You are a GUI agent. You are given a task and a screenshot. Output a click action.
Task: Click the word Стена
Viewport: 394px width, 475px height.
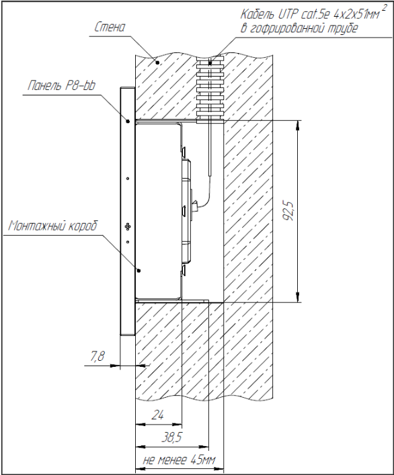point(110,28)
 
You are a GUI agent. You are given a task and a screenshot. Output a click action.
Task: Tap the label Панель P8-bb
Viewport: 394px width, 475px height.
point(62,86)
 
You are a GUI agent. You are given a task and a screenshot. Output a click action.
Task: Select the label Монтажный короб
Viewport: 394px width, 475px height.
point(53,226)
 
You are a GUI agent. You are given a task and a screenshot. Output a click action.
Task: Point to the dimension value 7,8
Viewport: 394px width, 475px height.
point(97,357)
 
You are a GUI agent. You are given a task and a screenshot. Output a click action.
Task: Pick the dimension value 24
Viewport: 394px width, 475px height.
point(158,415)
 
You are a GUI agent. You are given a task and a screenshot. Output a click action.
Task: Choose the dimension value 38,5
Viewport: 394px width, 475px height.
point(171,437)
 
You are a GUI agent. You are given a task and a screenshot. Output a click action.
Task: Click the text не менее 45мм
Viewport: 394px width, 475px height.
point(179,460)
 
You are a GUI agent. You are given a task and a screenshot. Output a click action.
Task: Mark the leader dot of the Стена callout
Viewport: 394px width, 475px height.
point(157,62)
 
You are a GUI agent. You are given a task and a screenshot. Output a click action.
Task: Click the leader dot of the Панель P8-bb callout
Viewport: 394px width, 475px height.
point(128,121)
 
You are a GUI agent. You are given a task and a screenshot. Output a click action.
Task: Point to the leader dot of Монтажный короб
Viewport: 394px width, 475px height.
point(139,270)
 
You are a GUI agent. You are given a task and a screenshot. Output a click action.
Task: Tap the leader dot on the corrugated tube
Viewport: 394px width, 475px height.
point(210,63)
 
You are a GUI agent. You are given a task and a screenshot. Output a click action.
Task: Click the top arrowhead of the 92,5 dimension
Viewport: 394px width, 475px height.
point(298,126)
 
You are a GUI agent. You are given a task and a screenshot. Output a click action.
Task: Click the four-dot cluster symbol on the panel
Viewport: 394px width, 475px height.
point(128,226)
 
